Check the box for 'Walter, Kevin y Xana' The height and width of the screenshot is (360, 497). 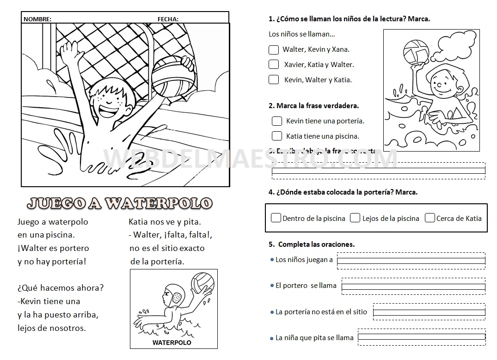tap(274, 49)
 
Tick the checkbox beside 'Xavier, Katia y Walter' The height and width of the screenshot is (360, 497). tap(274, 64)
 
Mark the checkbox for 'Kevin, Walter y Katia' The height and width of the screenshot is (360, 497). tap(274, 79)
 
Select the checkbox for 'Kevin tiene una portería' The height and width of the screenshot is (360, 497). tap(277, 121)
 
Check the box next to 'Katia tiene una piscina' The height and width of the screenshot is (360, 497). tap(277, 136)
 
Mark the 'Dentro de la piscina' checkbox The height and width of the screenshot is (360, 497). tap(276, 218)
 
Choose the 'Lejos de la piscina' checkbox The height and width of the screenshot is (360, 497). tap(355, 218)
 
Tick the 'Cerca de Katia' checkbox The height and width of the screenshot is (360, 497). tap(430, 218)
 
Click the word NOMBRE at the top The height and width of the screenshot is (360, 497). tap(37, 19)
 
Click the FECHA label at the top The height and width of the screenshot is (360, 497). tap(168, 19)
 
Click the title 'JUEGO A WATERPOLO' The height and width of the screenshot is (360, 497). tap(120, 203)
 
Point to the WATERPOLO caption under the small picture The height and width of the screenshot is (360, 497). tap(172, 343)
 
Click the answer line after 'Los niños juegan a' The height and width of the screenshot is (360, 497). tap(411, 261)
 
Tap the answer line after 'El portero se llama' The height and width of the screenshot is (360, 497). tap(413, 287)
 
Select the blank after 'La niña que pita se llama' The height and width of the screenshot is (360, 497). tap(422, 337)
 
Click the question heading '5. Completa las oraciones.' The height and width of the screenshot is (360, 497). tap(312, 244)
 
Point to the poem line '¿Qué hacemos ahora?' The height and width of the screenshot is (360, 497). tap(61, 288)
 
